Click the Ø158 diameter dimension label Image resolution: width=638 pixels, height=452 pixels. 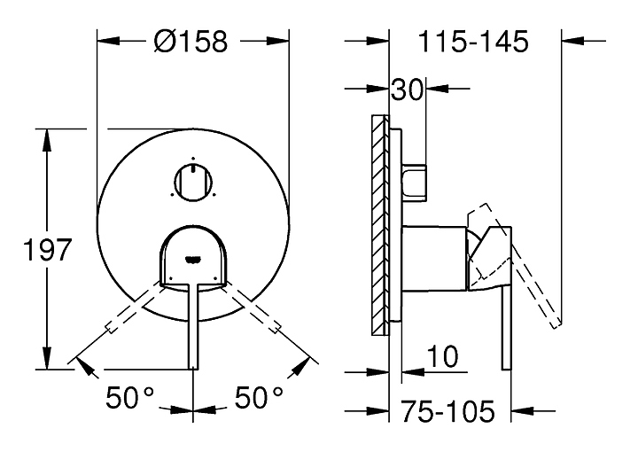tap(191, 41)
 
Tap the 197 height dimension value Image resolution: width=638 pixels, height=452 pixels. tap(47, 249)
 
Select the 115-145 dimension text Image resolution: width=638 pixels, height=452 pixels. tap(473, 41)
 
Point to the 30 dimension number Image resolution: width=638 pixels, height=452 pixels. tap(407, 90)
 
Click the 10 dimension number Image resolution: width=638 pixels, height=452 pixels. tap(442, 356)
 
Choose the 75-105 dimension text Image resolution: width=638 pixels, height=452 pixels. tap(448, 411)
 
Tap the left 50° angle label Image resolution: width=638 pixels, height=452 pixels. tap(129, 397)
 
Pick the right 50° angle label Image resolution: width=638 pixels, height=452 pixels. tap(259, 397)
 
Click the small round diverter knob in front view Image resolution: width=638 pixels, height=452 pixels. tap(193, 182)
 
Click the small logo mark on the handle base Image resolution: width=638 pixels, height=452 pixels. tap(193, 258)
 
